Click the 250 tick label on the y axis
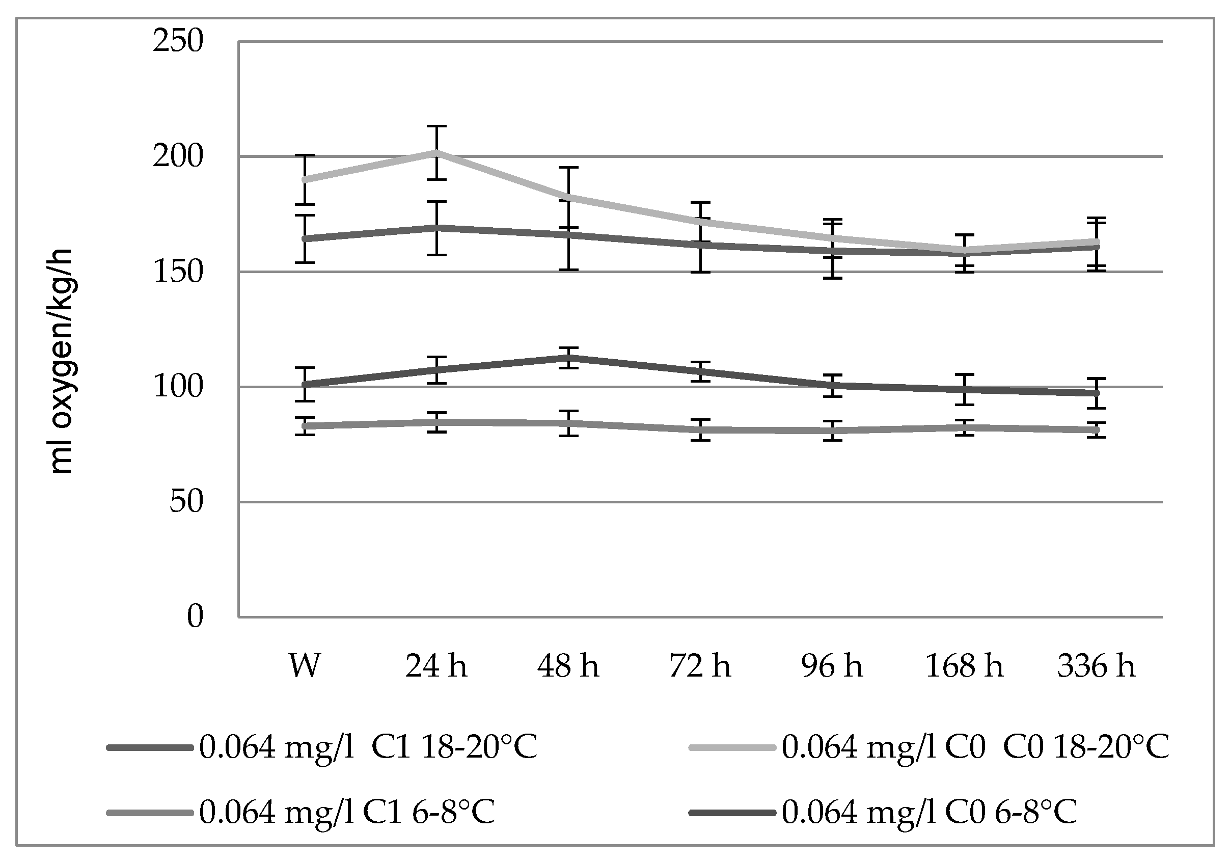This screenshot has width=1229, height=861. point(178,42)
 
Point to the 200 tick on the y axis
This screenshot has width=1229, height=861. point(178,157)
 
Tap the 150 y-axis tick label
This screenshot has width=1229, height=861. point(178,272)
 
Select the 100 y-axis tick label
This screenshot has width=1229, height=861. point(178,387)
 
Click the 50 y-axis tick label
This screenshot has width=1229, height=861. point(186,502)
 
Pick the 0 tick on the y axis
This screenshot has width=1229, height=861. point(195,617)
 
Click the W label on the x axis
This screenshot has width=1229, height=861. point(305,666)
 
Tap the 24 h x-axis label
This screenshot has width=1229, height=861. point(436,666)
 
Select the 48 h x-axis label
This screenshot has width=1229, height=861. point(568,666)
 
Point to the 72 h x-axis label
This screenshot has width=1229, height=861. point(700,666)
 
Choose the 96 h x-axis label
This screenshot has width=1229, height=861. point(832,666)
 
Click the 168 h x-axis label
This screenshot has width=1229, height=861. point(964,666)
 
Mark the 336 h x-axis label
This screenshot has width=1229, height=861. point(1096,666)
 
